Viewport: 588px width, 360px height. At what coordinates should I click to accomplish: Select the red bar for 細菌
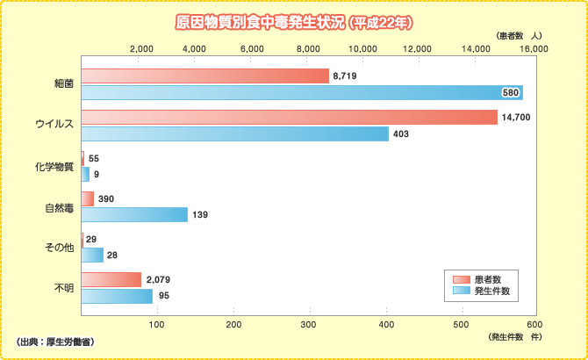[204, 76]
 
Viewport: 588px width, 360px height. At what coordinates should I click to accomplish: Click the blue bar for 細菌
[301, 92]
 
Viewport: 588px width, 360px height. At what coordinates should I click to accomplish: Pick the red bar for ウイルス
[289, 118]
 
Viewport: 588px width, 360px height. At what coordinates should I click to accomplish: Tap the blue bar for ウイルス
[234, 133]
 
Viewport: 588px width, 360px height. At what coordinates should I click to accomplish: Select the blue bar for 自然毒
[134, 214]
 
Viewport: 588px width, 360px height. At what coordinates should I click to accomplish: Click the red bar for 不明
[111, 279]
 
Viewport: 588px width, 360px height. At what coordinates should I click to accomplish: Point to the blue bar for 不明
[117, 296]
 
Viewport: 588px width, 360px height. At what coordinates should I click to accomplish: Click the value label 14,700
[515, 118]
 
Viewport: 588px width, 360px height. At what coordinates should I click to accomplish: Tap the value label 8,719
[344, 77]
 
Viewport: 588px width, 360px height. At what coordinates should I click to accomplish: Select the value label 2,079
[159, 279]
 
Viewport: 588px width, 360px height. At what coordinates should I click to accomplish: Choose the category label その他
[59, 248]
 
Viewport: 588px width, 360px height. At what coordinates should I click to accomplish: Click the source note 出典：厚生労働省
[56, 341]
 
